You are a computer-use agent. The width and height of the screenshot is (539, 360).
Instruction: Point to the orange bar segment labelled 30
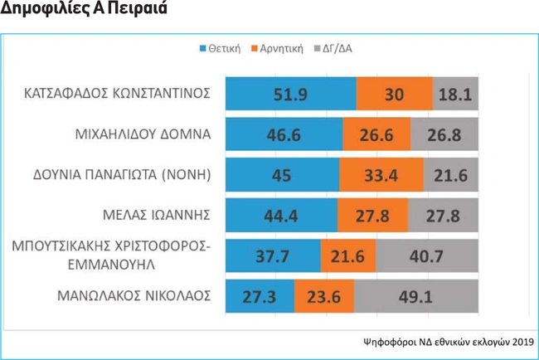pos(394,93)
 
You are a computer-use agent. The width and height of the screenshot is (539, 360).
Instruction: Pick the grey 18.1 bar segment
pos(455,93)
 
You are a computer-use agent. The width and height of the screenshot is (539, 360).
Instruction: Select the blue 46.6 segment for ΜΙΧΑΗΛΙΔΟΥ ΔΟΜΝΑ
pos(284,134)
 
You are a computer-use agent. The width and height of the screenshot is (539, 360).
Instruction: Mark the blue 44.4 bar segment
pos(281,215)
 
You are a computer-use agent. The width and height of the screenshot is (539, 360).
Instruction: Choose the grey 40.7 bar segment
pos(427,255)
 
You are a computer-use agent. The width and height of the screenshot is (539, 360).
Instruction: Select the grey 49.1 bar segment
pos(416,296)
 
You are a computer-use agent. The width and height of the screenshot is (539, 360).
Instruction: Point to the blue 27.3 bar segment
pos(260,296)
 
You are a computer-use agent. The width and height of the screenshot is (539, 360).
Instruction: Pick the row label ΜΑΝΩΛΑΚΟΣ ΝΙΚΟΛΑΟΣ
pos(134,295)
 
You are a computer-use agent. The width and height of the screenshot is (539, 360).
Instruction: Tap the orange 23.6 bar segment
pos(324,296)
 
